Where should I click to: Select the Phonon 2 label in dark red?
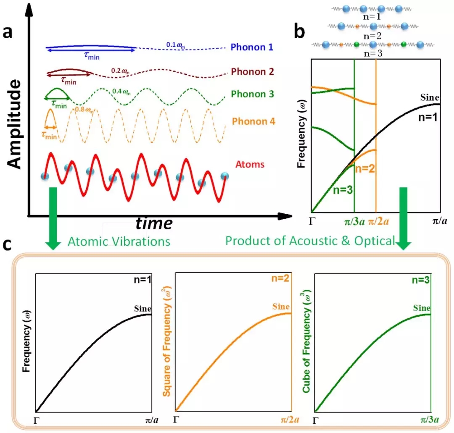coord(253,71)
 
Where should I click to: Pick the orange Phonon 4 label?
coord(253,121)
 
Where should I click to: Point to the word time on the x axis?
coord(153,223)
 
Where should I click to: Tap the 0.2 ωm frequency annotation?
coord(120,70)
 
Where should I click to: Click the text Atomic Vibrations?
coord(119,241)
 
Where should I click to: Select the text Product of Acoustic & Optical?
coord(310,241)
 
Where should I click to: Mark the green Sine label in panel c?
coord(422,307)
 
